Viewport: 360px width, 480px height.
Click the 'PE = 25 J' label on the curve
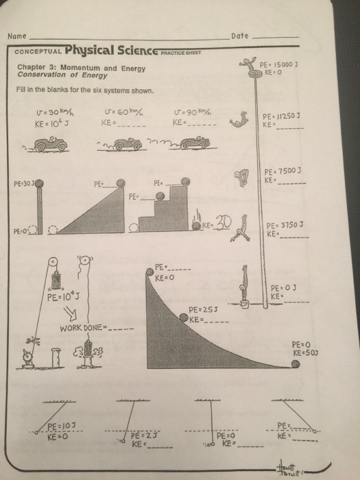point(204,309)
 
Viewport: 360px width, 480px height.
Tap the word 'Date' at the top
point(240,36)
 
